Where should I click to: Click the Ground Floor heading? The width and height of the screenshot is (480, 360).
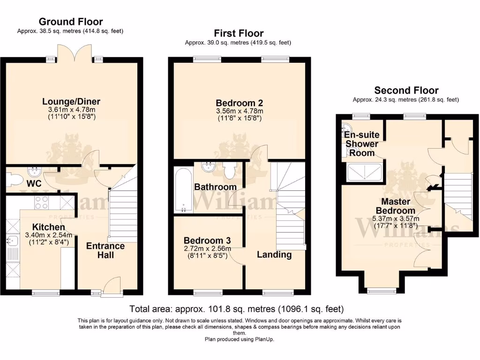71,22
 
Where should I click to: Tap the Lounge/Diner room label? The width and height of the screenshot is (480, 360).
71,102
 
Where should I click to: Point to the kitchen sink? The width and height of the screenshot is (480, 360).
12,240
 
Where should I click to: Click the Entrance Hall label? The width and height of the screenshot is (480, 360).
105,250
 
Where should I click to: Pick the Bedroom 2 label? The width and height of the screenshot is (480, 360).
239,103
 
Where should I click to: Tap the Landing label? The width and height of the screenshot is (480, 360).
274,255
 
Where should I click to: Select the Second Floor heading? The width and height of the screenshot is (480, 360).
406,90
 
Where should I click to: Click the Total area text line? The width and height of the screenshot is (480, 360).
237,309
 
